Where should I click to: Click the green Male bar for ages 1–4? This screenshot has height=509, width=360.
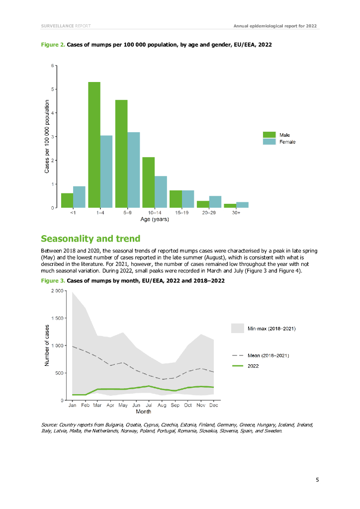(94, 145)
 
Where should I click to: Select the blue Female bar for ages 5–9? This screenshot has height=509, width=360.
(134, 170)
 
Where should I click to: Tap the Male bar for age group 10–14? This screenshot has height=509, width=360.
(148, 182)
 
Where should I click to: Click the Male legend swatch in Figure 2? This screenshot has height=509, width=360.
(269, 135)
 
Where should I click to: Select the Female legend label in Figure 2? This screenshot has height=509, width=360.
(287, 142)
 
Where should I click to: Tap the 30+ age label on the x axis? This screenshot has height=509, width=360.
(236, 213)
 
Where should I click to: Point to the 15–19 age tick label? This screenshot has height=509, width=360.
(181, 213)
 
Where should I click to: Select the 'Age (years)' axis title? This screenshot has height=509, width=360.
(155, 219)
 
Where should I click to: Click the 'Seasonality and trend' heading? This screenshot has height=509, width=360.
(90, 239)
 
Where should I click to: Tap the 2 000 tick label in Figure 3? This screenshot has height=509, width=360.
(57, 291)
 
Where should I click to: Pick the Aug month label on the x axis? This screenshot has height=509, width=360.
(162, 406)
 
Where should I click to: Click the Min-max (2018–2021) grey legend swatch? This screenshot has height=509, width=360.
(238, 328)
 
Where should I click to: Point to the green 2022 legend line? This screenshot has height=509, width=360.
(238, 366)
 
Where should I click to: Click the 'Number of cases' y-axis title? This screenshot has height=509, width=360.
(47, 345)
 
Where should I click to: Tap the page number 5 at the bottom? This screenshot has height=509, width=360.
(317, 480)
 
